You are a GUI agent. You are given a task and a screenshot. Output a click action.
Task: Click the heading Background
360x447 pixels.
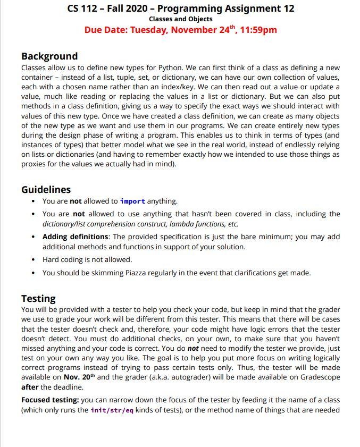49,56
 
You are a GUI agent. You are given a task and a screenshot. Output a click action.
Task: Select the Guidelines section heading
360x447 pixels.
46,190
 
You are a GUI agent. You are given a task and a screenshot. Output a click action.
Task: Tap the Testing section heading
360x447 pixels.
38,298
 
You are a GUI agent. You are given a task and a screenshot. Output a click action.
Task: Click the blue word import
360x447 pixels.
132,201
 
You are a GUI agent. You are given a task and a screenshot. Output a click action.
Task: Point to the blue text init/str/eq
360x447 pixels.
112,410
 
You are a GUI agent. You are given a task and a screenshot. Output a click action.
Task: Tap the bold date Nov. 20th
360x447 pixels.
80,377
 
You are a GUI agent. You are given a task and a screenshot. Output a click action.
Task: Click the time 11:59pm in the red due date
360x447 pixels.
258,30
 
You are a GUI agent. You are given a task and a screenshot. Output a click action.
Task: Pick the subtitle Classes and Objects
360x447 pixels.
180,19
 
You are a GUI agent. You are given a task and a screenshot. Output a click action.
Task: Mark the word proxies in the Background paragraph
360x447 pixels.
34,164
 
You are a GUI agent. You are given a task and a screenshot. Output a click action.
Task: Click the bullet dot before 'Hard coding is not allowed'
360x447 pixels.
34,260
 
